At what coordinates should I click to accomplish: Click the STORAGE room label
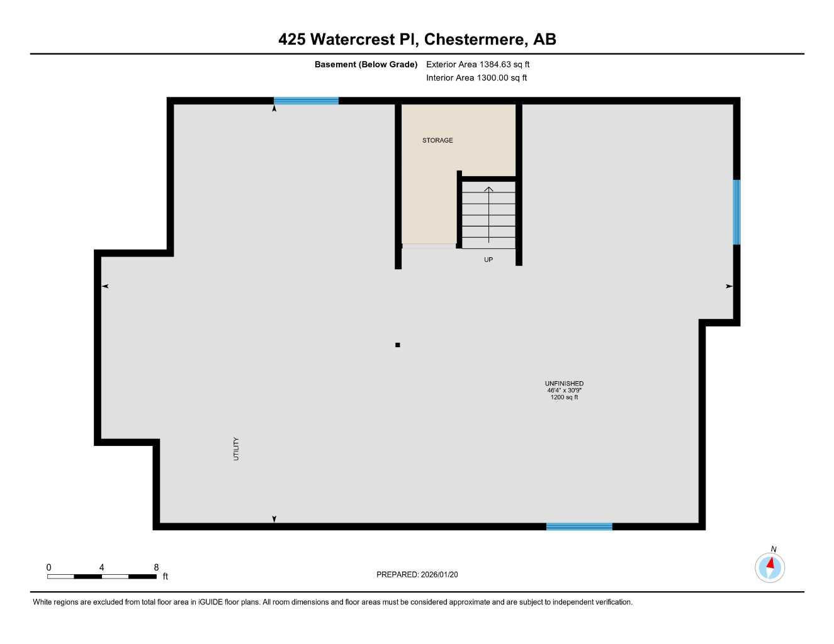point(437,140)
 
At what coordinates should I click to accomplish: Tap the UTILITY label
point(237,448)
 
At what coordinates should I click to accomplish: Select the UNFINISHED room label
point(564,383)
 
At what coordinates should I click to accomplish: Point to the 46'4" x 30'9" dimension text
point(564,390)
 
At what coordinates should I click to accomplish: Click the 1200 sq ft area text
point(564,397)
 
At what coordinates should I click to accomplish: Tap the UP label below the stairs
point(488,260)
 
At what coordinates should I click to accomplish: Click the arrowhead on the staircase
point(488,189)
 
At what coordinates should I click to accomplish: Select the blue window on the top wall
point(306,101)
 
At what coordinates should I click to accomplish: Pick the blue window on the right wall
point(736,212)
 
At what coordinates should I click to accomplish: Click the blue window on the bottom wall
point(579,526)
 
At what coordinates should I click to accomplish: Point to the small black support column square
point(397,345)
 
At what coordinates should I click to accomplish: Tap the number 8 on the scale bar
point(156,567)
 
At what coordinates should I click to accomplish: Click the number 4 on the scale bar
point(101,567)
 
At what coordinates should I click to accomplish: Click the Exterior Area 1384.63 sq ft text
point(478,64)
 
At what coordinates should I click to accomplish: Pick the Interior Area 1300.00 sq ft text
point(476,78)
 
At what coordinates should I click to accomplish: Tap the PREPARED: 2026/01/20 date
point(417,574)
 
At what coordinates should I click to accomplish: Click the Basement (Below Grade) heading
point(366,64)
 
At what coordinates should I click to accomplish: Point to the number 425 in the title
point(292,39)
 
